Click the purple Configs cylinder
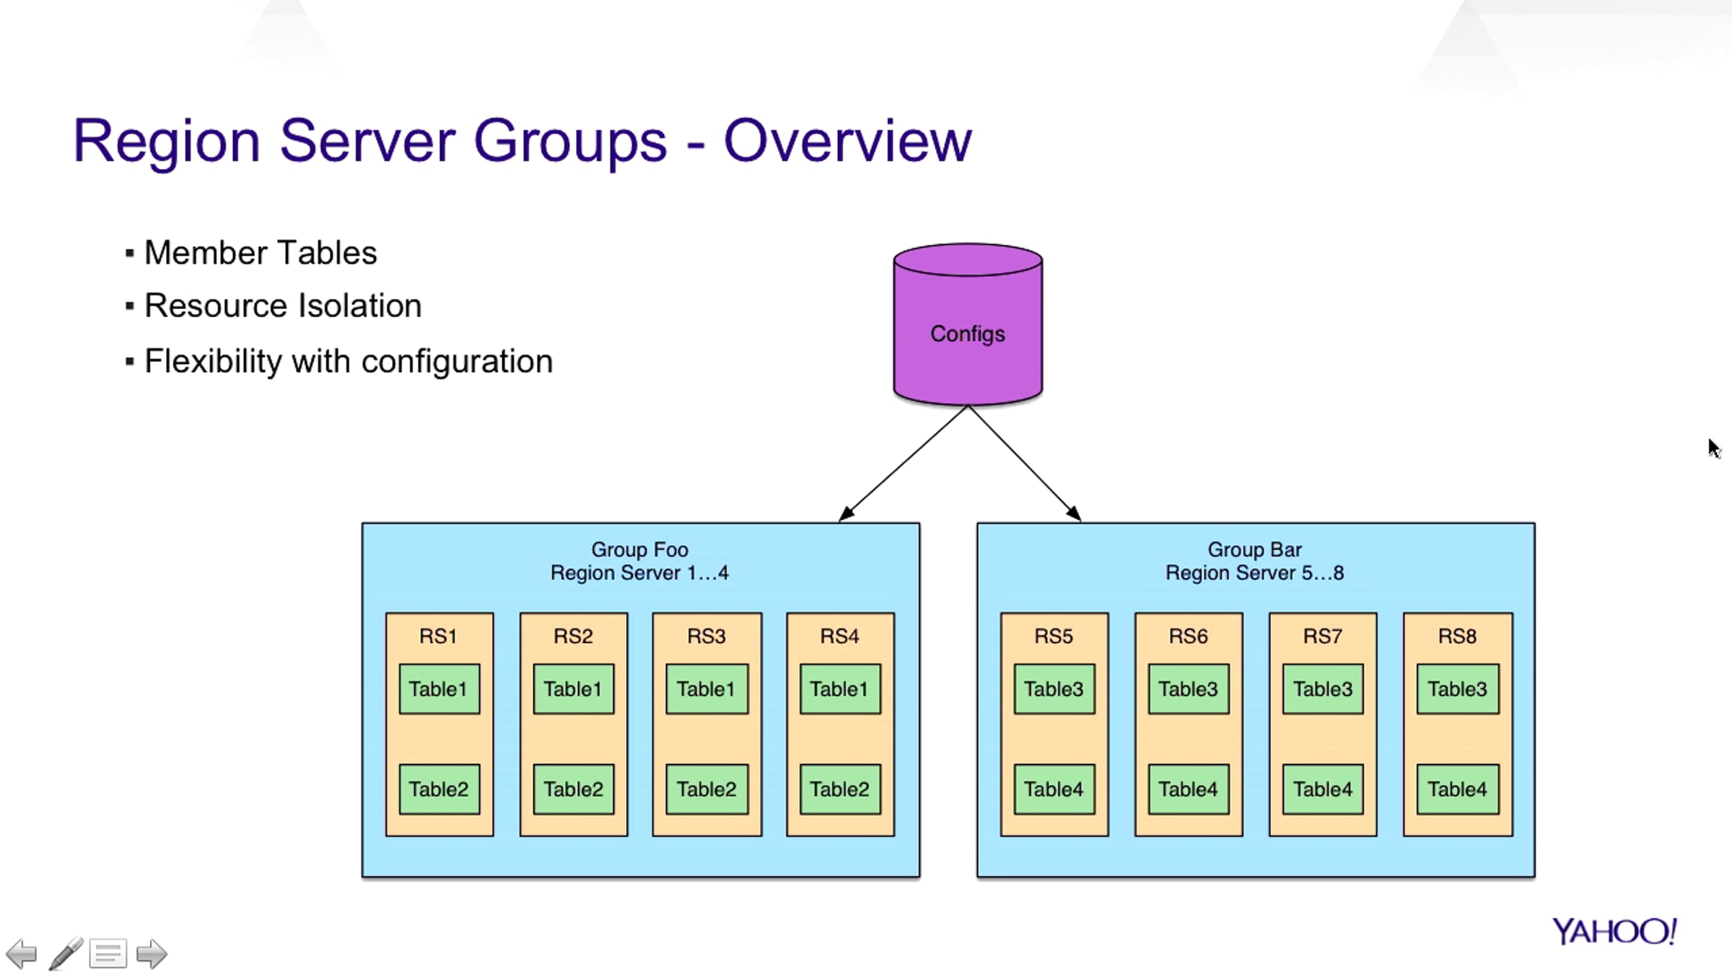pyautogui.click(x=967, y=332)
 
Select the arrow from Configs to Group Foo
pyautogui.click(x=906, y=462)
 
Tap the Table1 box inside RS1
pyautogui.click(x=439, y=689)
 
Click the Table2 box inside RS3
pyautogui.click(x=707, y=789)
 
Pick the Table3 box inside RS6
pyautogui.click(x=1188, y=689)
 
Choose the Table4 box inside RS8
pyautogui.click(x=1457, y=789)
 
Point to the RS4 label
pyautogui.click(x=839, y=636)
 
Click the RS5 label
pyautogui.click(x=1053, y=636)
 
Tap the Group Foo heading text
pyautogui.click(x=639, y=550)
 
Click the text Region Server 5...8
pyautogui.click(x=1254, y=573)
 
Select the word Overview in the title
pyautogui.click(x=847, y=141)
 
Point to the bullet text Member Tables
pyautogui.click(x=261, y=253)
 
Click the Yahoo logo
pyautogui.click(x=1614, y=932)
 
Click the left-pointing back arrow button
pyautogui.click(x=22, y=954)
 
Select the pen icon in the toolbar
pyautogui.click(x=66, y=953)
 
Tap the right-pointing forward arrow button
pyautogui.click(x=152, y=954)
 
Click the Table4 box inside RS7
pyautogui.click(x=1322, y=789)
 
